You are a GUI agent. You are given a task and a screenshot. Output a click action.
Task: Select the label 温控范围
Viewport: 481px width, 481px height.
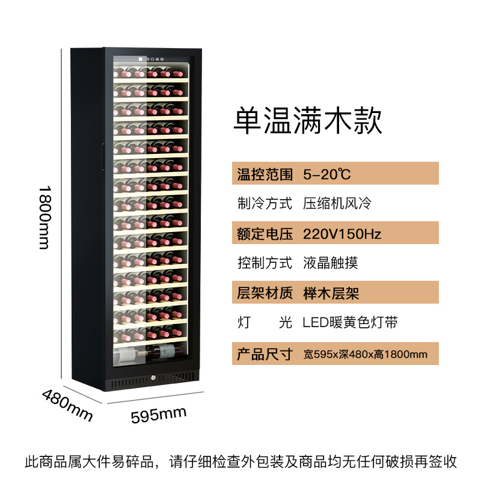pyautogui.click(x=265, y=175)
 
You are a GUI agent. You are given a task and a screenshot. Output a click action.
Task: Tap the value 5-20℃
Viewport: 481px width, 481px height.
pyautogui.click(x=326, y=175)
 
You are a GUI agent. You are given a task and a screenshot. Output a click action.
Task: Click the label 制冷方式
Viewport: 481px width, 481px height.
pyautogui.click(x=265, y=204)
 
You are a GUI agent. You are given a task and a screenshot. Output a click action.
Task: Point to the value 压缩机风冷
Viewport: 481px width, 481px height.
pyautogui.click(x=337, y=204)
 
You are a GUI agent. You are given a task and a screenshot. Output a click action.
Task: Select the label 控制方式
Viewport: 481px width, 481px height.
pyautogui.click(x=265, y=263)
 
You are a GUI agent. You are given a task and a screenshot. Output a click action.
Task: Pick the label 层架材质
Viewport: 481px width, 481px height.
pyautogui.click(x=265, y=293)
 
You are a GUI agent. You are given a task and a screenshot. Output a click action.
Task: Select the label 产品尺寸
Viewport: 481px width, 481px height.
pyautogui.click(x=265, y=354)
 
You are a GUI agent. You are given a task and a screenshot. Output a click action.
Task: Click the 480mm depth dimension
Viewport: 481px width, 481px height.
pyautogui.click(x=66, y=405)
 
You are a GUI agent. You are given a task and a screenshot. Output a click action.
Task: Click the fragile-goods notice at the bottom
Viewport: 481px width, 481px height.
pyautogui.click(x=240, y=462)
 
